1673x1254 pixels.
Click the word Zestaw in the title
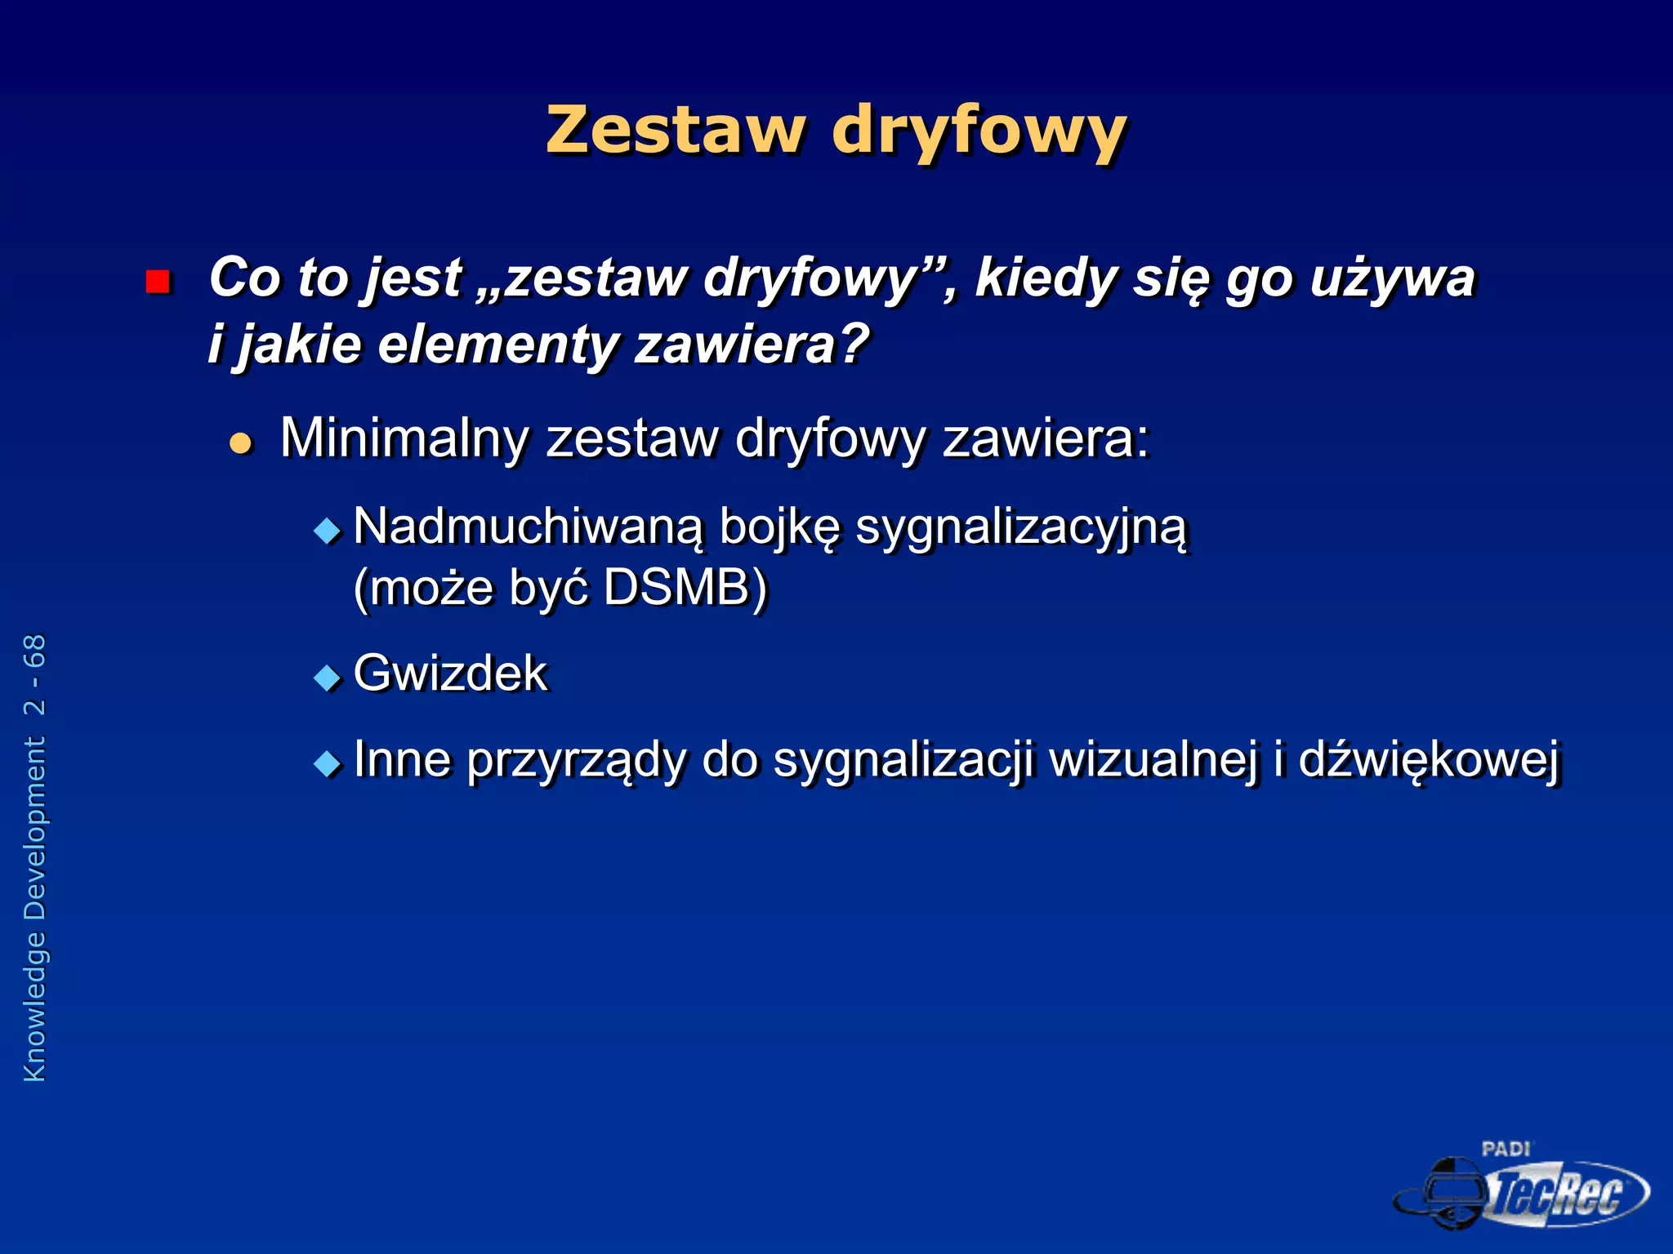click(675, 130)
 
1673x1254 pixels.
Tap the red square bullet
click(157, 282)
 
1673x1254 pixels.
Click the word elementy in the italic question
click(497, 345)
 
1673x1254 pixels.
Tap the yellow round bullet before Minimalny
click(241, 443)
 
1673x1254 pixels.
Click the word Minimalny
click(404, 438)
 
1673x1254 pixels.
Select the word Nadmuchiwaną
click(528, 527)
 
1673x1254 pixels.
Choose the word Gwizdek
click(450, 674)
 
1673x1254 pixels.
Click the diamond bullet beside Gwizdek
click(328, 678)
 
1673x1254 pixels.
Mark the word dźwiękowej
click(1429, 761)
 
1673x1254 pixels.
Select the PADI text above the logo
click(1506, 1149)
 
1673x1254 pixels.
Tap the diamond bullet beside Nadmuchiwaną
click(328, 531)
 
